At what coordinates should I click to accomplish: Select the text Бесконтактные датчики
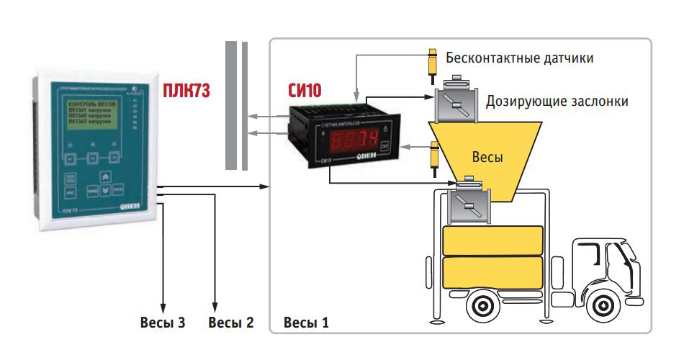(520, 58)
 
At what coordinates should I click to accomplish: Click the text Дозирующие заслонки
(557, 101)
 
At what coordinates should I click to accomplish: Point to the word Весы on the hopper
(487, 157)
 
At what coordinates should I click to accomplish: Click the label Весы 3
(163, 322)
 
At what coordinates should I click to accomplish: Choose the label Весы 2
(230, 322)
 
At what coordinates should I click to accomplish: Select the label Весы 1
(307, 322)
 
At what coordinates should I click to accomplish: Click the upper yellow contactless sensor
(432, 64)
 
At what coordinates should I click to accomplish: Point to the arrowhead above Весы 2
(214, 305)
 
